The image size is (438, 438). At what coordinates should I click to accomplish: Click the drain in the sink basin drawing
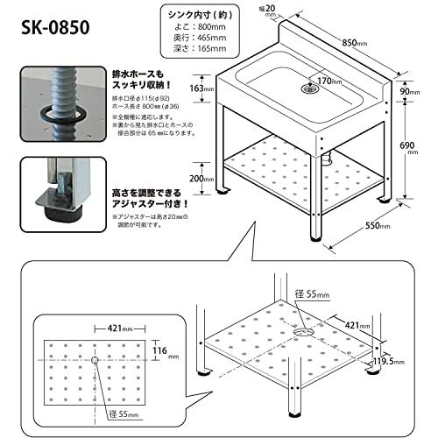(308, 88)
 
